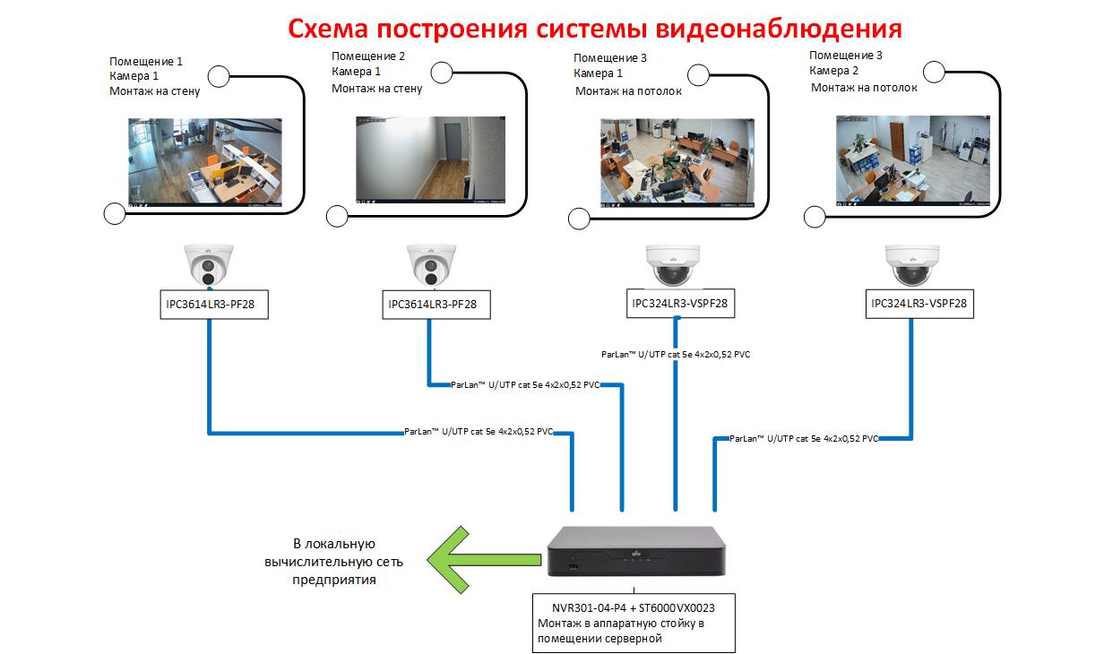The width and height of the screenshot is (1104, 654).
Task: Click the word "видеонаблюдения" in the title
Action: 779,29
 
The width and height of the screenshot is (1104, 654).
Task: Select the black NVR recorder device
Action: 633,552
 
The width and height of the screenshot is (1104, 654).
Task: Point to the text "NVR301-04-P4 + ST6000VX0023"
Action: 633,607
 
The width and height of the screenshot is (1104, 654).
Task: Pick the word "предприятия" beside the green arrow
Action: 334,580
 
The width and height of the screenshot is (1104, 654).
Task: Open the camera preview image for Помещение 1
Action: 204,162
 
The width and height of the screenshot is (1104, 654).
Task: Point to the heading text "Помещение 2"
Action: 368,56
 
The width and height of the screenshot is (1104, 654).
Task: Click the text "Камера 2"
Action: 833,71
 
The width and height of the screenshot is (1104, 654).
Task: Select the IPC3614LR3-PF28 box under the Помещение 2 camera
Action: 433,305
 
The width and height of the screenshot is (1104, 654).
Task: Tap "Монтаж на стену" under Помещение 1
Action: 155,91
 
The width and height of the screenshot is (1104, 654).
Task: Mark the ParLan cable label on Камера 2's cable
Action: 803,439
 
